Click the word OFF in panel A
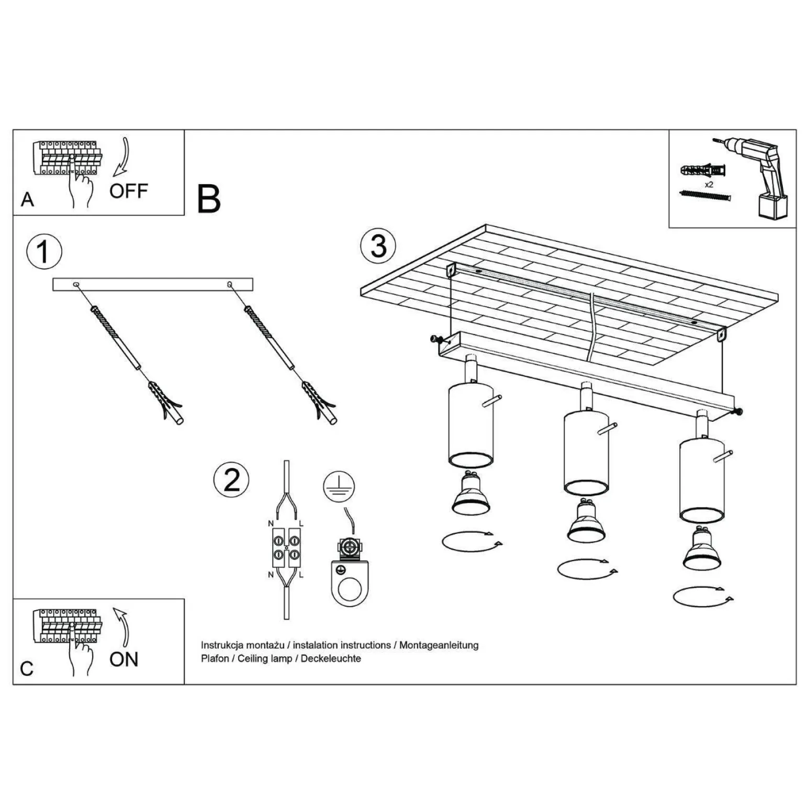click(128, 191)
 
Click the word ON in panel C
click(124, 659)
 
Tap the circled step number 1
click(44, 251)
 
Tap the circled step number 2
click(231, 479)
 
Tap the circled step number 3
click(378, 246)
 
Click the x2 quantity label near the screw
click(709, 185)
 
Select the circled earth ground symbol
click(339, 486)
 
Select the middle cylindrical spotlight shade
click(586, 453)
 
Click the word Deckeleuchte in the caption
click(331, 658)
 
